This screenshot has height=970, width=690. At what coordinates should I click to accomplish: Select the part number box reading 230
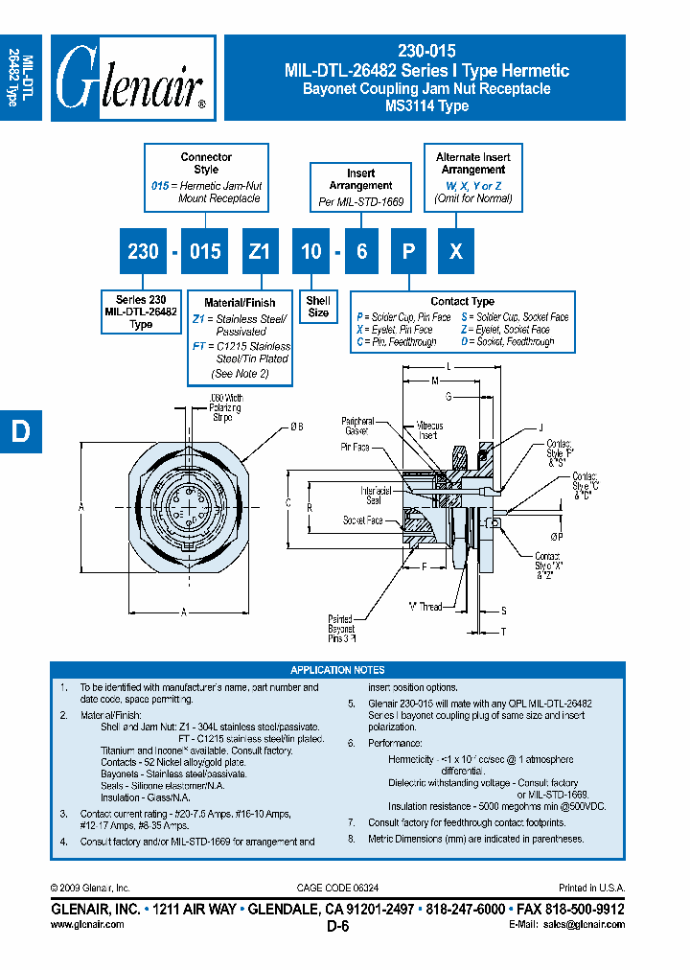(x=143, y=251)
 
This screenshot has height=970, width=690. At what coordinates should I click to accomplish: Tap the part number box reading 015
(x=205, y=251)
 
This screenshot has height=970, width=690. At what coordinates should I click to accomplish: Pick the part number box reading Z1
(x=259, y=251)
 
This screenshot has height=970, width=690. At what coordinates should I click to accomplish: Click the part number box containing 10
(x=311, y=251)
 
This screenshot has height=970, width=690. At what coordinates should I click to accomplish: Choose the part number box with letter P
(x=408, y=251)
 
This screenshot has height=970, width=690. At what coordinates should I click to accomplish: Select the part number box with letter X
(x=457, y=251)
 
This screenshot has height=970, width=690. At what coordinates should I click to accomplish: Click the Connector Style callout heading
(x=206, y=163)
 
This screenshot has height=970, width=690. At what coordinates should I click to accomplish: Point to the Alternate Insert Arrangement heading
(x=472, y=163)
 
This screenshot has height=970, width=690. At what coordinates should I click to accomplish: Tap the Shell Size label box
(x=318, y=307)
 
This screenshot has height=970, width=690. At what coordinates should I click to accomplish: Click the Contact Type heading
(x=462, y=301)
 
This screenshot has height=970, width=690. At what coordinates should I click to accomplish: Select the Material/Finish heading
(x=239, y=303)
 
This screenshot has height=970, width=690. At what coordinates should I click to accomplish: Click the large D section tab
(x=20, y=432)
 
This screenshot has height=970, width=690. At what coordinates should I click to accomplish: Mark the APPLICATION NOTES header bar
(x=337, y=670)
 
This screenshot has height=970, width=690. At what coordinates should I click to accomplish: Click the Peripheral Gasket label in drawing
(x=357, y=426)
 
